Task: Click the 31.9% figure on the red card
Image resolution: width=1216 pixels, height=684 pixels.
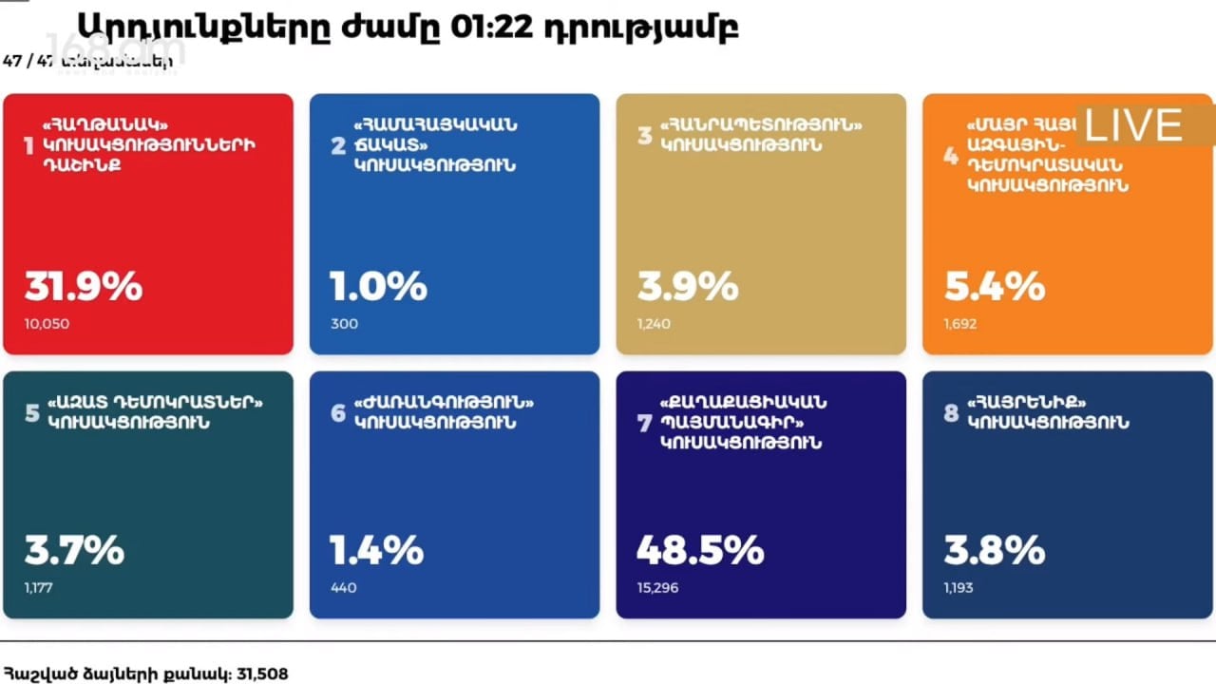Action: [x=84, y=286]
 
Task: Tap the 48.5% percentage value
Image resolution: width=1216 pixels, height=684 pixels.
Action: [x=699, y=550]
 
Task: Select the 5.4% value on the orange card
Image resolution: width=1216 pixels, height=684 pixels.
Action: [x=995, y=286]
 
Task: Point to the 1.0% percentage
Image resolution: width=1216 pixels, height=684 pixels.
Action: [x=378, y=286]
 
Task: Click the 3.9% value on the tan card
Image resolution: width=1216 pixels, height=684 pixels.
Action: [x=688, y=286]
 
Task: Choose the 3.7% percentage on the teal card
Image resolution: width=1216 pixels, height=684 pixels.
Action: [x=74, y=550]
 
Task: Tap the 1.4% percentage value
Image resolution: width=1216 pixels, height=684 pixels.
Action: [x=376, y=550]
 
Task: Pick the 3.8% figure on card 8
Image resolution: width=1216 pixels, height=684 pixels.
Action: [x=995, y=550]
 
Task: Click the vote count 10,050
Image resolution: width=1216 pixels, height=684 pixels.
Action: [x=47, y=324]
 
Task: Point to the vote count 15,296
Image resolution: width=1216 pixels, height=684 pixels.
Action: [x=657, y=588]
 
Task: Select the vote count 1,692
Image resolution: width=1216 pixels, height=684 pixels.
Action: [x=960, y=324]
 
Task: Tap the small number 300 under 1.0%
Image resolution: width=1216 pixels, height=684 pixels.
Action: [x=344, y=324]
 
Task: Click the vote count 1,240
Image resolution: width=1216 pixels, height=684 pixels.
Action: [x=654, y=324]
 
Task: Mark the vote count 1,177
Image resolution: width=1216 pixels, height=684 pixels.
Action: [x=39, y=588]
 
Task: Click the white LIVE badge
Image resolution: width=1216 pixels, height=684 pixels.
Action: [x=1134, y=125]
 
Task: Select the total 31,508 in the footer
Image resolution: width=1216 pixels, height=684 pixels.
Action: [x=260, y=674]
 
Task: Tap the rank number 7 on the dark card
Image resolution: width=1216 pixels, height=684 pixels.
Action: [x=645, y=424]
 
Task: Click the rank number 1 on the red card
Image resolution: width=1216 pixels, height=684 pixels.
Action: [x=28, y=146]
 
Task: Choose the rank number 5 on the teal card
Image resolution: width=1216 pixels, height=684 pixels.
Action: [x=31, y=413]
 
